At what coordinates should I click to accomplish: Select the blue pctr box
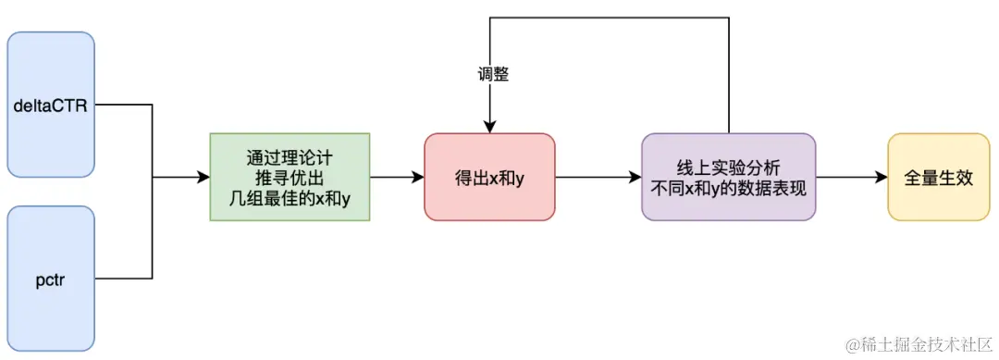51,277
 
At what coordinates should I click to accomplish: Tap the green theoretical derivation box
290,177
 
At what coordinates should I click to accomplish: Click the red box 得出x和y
489,177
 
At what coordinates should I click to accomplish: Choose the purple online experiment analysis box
729,177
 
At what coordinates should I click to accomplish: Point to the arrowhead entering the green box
203,177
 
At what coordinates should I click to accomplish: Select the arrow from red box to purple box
598,177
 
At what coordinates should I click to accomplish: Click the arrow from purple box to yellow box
851,177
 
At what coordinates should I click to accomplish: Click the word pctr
51,277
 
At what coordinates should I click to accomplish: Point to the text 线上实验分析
729,167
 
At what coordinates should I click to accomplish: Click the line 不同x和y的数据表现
729,187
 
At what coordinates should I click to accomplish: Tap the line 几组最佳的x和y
290,196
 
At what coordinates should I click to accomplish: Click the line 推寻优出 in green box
290,177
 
